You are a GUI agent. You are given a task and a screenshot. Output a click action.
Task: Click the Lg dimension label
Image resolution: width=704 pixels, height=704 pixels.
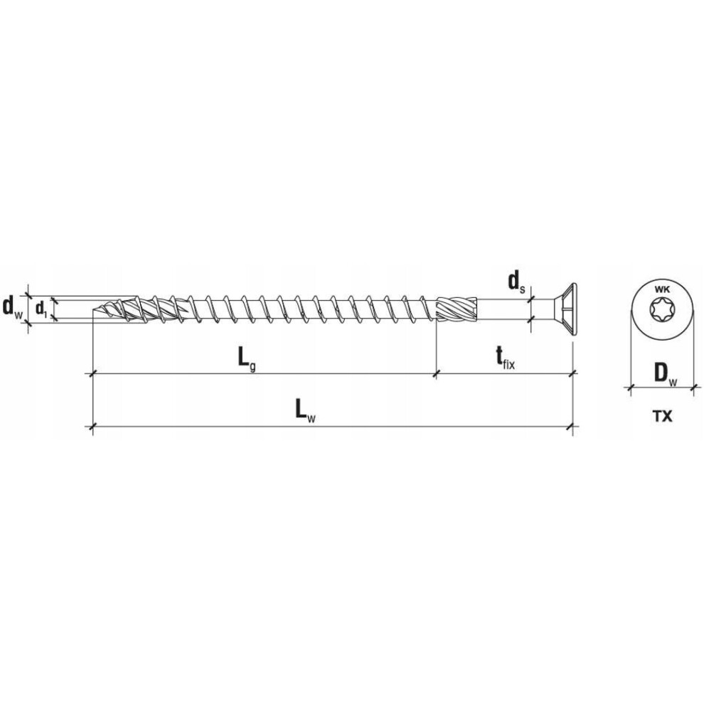coord(247,360)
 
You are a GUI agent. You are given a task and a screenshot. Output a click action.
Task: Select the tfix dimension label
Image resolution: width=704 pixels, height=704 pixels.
coord(505,358)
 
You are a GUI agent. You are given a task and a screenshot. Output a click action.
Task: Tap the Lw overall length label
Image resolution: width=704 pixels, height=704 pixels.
coord(305,411)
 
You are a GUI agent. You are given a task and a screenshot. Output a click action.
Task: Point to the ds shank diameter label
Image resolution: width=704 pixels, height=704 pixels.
coord(516,283)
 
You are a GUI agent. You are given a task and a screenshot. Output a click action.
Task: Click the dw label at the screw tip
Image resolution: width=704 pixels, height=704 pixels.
coord(12,307)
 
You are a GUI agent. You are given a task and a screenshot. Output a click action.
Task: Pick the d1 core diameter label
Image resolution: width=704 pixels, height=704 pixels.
coord(41,309)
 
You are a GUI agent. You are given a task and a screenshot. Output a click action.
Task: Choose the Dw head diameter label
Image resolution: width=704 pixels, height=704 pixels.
coord(664,374)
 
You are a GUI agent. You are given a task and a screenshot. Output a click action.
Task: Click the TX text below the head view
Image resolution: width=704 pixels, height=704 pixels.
coord(662,416)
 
